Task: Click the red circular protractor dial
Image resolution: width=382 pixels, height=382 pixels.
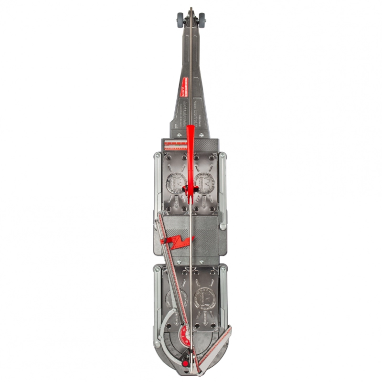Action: click(184, 334)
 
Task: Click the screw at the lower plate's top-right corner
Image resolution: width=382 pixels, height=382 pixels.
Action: click(223, 269)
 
